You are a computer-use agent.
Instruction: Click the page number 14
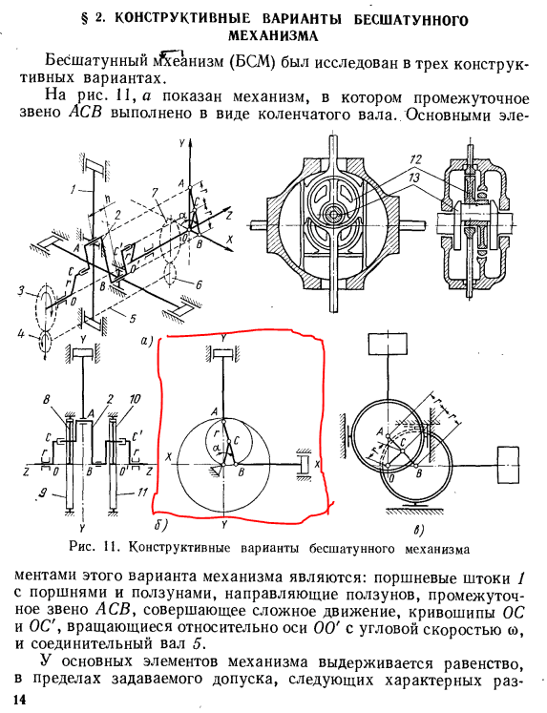(20, 700)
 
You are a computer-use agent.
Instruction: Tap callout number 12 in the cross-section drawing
(415, 159)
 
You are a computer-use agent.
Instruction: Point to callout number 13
(414, 177)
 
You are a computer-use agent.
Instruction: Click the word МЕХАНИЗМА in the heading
(273, 36)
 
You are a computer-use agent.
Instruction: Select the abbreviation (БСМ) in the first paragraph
(251, 61)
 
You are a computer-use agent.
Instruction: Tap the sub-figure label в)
(418, 530)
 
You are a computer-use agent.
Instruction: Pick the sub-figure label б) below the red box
(161, 525)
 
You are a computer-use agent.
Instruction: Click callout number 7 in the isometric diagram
(156, 193)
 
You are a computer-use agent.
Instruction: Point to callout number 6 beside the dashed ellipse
(198, 285)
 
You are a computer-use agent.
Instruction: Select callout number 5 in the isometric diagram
(133, 319)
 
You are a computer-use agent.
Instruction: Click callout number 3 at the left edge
(21, 290)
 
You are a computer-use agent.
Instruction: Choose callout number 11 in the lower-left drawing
(143, 492)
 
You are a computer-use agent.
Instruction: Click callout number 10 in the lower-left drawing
(135, 399)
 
